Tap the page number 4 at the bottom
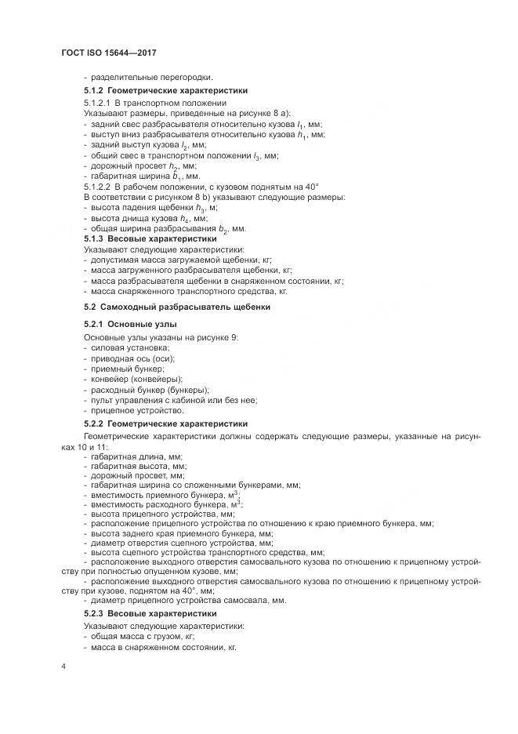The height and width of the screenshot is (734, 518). [x=63, y=666]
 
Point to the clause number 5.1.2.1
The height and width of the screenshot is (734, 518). [x=97, y=103]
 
